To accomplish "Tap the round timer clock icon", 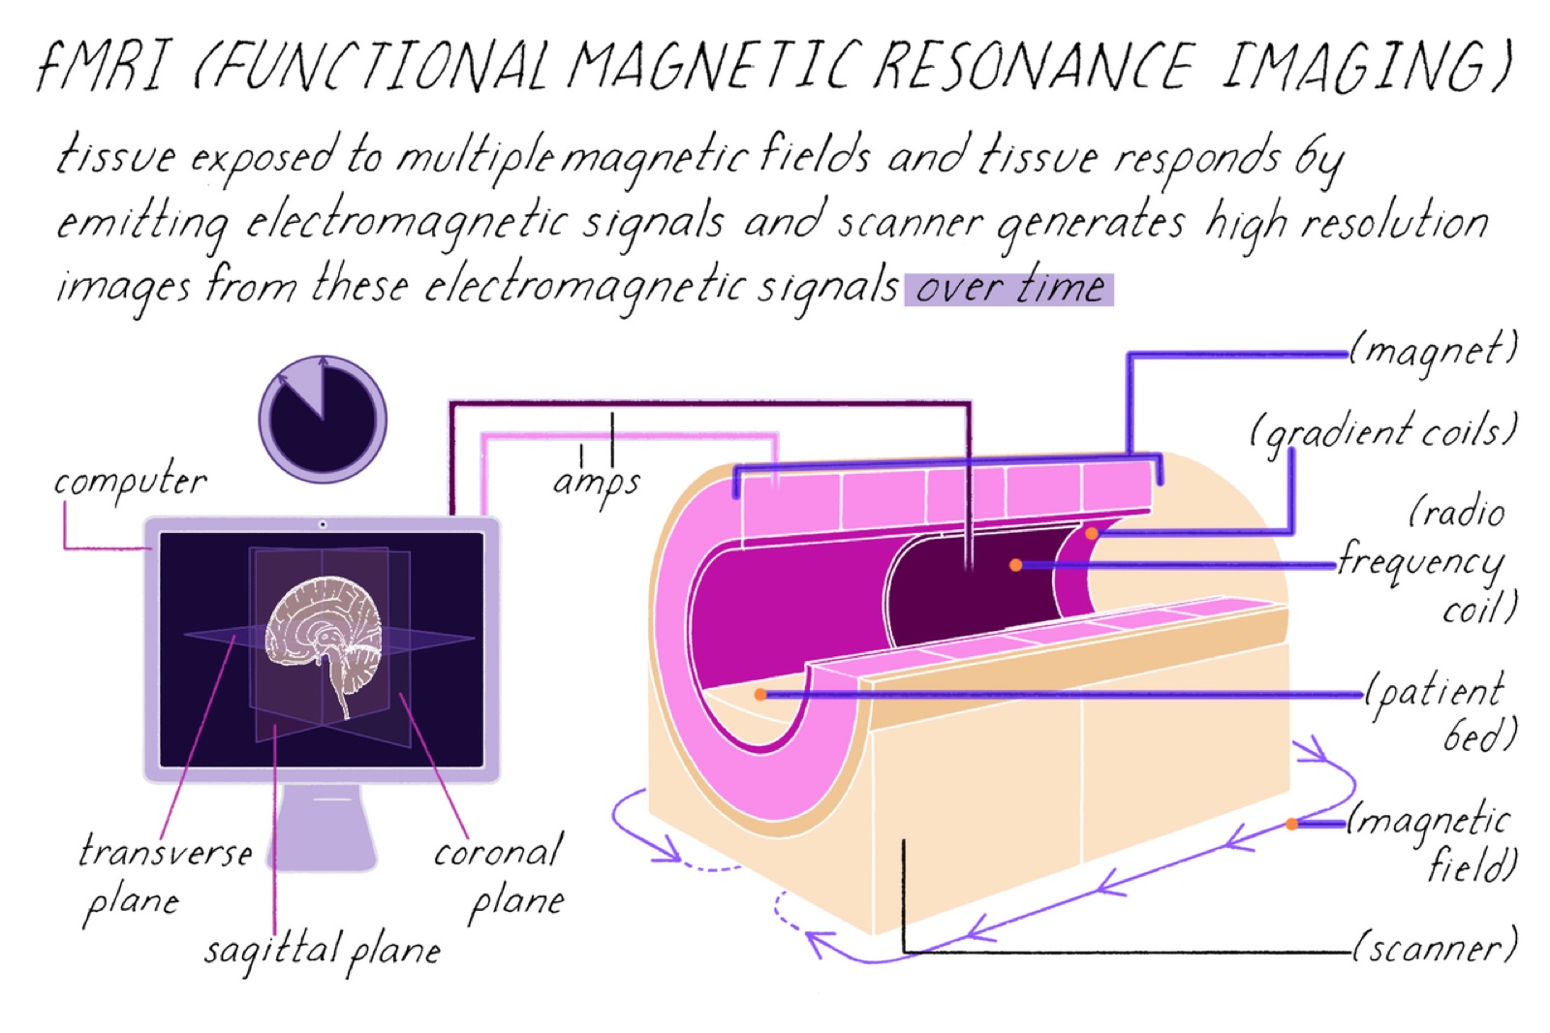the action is pyautogui.click(x=323, y=419).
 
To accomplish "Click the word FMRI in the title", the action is pyautogui.click(x=104, y=65).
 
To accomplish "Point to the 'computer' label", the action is pyautogui.click(x=130, y=479).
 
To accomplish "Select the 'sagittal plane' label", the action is pyautogui.click(x=323, y=950).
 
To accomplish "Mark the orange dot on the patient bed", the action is pyautogui.click(x=760, y=695).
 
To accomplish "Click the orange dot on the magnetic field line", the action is pyautogui.click(x=1292, y=824).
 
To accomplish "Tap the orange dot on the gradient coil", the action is pyautogui.click(x=1091, y=533).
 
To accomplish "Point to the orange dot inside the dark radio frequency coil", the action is pyautogui.click(x=1016, y=566).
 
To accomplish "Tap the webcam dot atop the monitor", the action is pyautogui.click(x=323, y=525).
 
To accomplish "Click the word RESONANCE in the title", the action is pyautogui.click(x=1036, y=65).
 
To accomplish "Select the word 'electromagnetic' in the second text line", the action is pyautogui.click(x=408, y=223).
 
